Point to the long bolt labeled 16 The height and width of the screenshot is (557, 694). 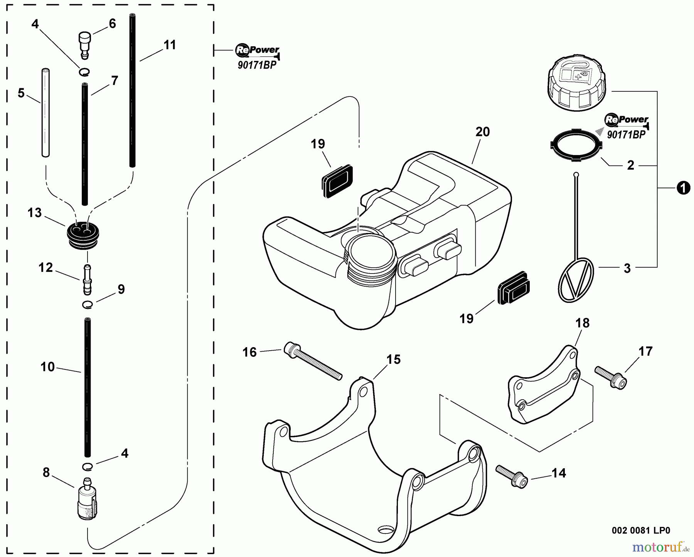(x=312, y=361)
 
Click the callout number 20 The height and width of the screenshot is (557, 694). (x=482, y=132)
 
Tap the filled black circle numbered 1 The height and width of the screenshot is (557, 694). (x=683, y=189)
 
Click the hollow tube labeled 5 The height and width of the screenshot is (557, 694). (x=46, y=112)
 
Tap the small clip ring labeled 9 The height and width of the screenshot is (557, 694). (x=88, y=305)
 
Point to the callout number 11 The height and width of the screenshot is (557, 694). (x=170, y=45)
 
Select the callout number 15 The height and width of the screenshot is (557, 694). (x=393, y=360)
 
